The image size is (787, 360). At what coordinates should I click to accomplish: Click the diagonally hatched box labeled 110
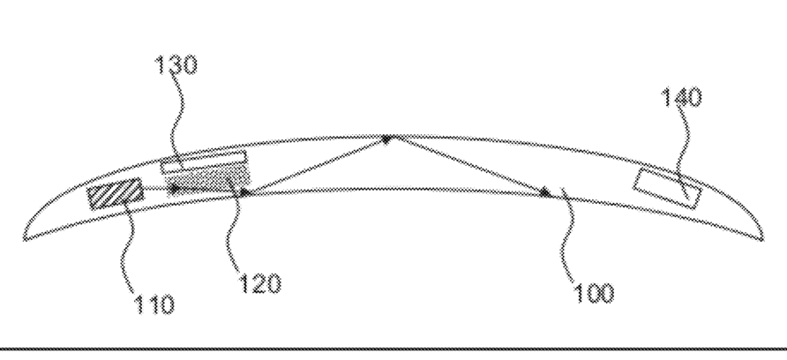(115, 194)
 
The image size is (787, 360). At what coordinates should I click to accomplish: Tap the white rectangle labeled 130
(203, 161)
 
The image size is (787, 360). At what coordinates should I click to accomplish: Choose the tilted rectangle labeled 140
(668, 188)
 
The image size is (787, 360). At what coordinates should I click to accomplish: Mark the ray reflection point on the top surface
(386, 138)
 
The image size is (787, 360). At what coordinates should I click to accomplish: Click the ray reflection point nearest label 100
(544, 191)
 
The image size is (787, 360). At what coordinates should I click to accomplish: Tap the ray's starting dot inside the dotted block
(174, 188)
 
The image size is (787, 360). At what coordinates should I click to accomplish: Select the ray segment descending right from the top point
(465, 164)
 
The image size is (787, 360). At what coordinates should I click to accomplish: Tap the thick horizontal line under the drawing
(393, 351)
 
